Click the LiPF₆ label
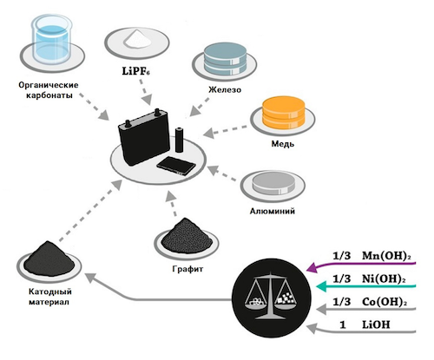tap(135, 71)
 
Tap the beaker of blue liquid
tap(52, 39)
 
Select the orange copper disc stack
tap(283, 113)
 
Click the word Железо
tap(225, 89)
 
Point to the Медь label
tap(283, 143)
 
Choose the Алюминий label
tap(273, 211)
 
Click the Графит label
tap(187, 269)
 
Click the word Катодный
tap(50, 291)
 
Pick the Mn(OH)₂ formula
tap(386, 256)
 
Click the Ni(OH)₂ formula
tap(384, 278)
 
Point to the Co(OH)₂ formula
tap(385, 302)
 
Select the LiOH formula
tap(376, 324)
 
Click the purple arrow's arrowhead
tap(312, 267)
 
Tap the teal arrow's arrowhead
tap(322, 286)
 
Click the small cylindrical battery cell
tap(180, 140)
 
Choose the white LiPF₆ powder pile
tap(137, 40)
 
